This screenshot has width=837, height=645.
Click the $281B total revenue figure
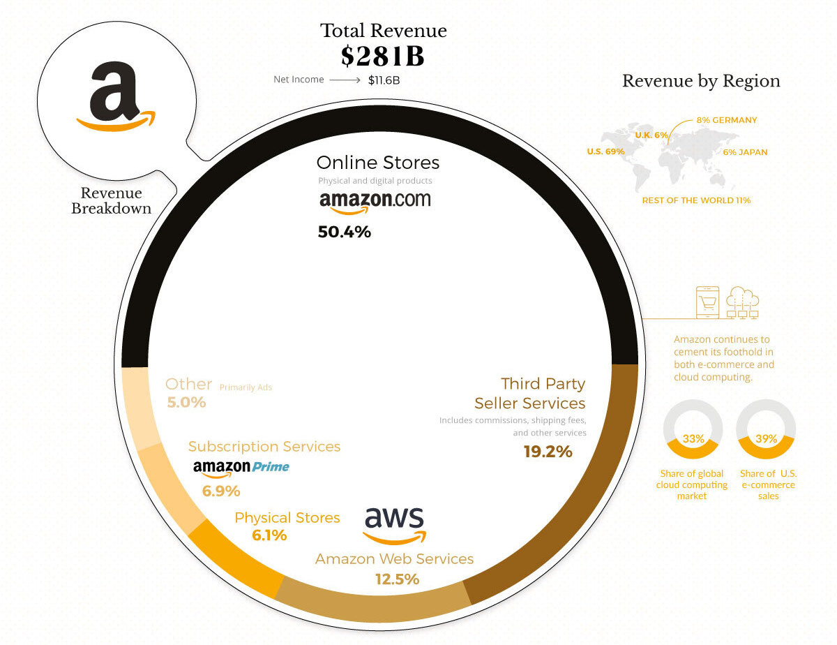click(x=382, y=56)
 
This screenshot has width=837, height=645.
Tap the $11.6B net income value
click(x=384, y=80)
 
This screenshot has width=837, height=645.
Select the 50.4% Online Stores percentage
click(x=344, y=232)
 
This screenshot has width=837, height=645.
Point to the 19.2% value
click(x=548, y=452)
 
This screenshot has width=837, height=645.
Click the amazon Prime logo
click(x=241, y=467)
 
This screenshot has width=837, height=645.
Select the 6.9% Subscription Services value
click(x=221, y=491)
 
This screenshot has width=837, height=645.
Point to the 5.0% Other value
click(x=186, y=402)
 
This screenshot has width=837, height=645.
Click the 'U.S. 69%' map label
click(x=606, y=151)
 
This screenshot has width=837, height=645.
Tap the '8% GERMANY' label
click(x=726, y=120)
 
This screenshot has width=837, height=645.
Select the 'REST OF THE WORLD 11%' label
click(x=696, y=200)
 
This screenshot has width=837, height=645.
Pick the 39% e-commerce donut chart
click(x=767, y=429)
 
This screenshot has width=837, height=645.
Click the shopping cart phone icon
click(x=708, y=302)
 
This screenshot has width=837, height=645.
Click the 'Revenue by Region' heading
click(x=701, y=81)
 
